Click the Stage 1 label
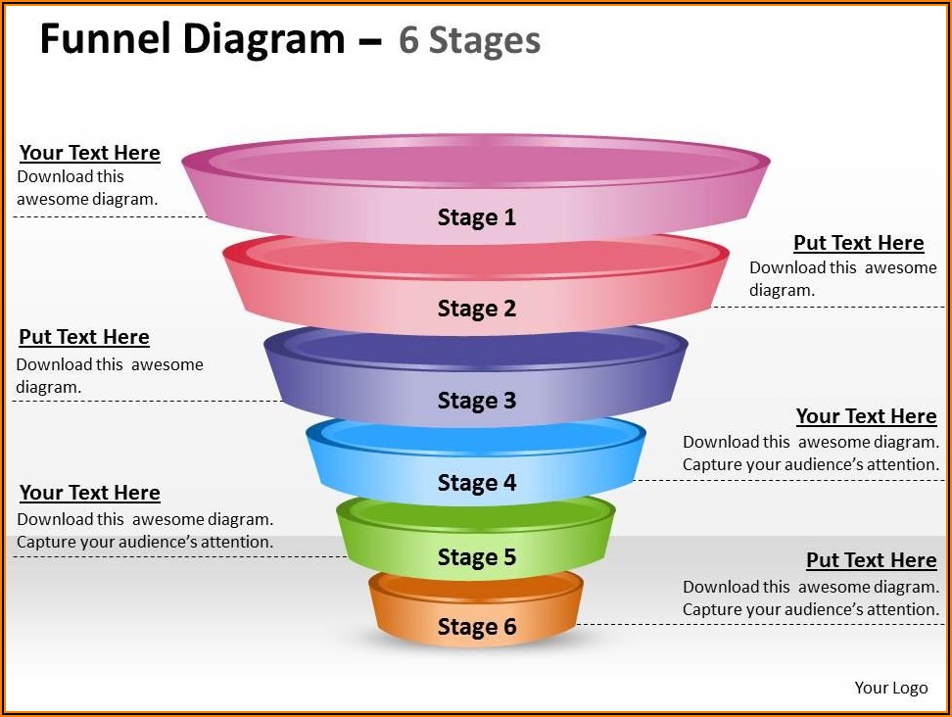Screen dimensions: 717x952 pyautogui.click(x=476, y=217)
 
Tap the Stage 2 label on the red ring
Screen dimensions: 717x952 pyautogui.click(x=476, y=309)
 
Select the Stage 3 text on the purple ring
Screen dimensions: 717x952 pyautogui.click(x=476, y=401)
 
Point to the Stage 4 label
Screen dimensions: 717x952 pyautogui.click(x=476, y=483)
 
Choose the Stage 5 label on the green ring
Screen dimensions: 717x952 pyautogui.click(x=476, y=557)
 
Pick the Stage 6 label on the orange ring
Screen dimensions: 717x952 pyautogui.click(x=476, y=627)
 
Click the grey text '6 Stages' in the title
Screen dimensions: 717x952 pyautogui.click(x=469, y=41)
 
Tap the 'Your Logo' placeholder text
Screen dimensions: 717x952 pyautogui.click(x=890, y=688)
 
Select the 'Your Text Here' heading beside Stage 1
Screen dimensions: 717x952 pyautogui.click(x=89, y=153)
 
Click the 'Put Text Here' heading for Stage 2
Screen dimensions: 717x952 pyautogui.click(x=858, y=243)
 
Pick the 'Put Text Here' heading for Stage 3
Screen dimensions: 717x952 pyautogui.click(x=84, y=337)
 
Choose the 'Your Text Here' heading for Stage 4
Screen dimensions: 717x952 pyautogui.click(x=866, y=416)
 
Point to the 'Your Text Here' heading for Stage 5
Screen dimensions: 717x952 pyautogui.click(x=89, y=493)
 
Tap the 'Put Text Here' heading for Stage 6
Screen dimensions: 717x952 pyautogui.click(x=871, y=560)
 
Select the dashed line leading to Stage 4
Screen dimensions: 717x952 pyautogui.click(x=784, y=479)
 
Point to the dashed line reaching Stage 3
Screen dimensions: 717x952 pyautogui.click(x=147, y=401)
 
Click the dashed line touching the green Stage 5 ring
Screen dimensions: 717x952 pyautogui.click(x=176, y=556)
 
